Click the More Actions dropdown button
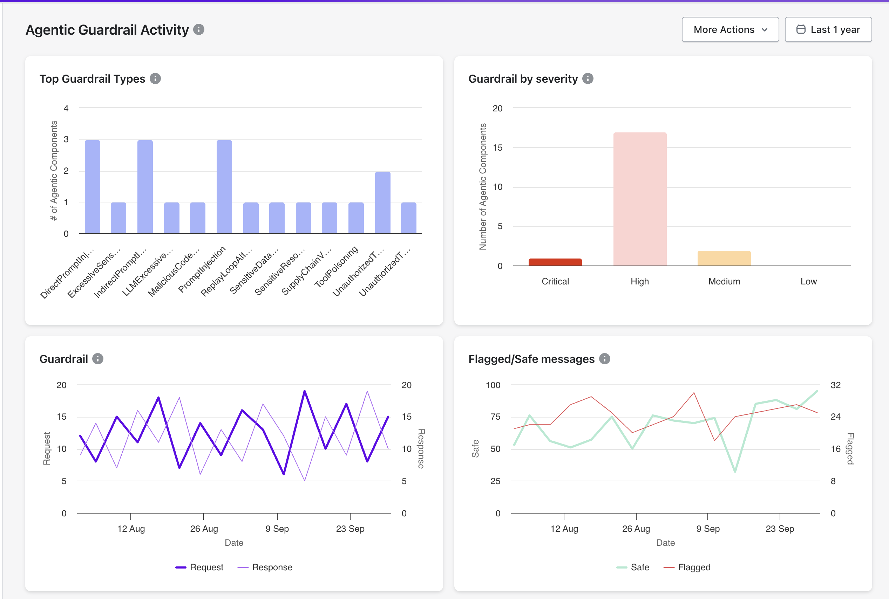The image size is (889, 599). pos(730,29)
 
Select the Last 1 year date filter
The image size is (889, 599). pos(828,29)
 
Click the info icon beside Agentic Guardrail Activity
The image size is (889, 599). pos(199,29)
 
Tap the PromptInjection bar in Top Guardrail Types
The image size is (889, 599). pos(224,187)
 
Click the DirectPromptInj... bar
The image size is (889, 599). pos(93,187)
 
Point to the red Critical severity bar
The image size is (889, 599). pos(555,262)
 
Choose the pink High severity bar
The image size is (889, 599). pos(640,199)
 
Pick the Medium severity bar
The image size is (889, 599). pos(724,258)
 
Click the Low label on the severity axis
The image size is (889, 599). pos(808,282)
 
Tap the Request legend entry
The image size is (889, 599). pos(199,567)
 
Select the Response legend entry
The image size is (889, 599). pos(265,567)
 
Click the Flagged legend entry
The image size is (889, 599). pos(687,567)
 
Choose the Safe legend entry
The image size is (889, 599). pos(633,567)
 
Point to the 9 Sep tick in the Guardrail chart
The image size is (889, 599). pos(277,529)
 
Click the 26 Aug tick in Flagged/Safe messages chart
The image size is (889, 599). pos(636,529)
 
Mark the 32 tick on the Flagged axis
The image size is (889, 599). pos(835,385)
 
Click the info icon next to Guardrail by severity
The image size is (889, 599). pos(588,79)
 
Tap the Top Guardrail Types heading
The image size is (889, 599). pos(92,79)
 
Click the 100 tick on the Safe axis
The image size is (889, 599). pos(493,385)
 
